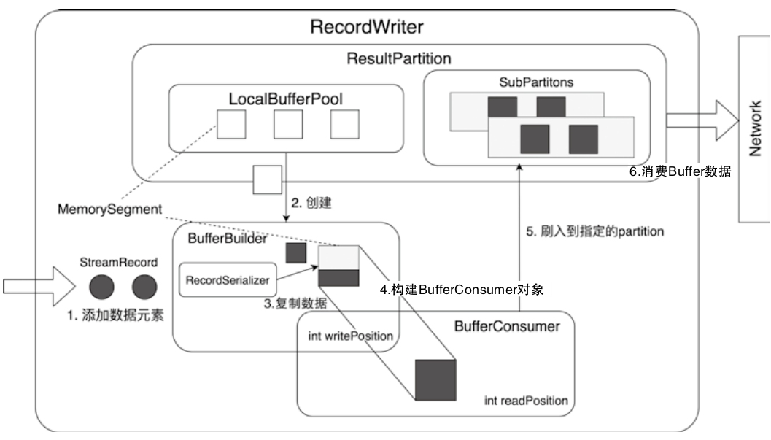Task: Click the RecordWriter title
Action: (x=366, y=28)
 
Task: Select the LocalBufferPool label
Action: (x=285, y=97)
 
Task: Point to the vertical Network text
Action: (x=756, y=128)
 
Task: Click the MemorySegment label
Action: (x=109, y=209)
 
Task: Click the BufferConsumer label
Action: (x=506, y=326)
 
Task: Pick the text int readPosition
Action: (x=525, y=401)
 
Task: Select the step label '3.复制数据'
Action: (x=295, y=303)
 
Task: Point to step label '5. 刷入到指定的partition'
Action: (x=595, y=231)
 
